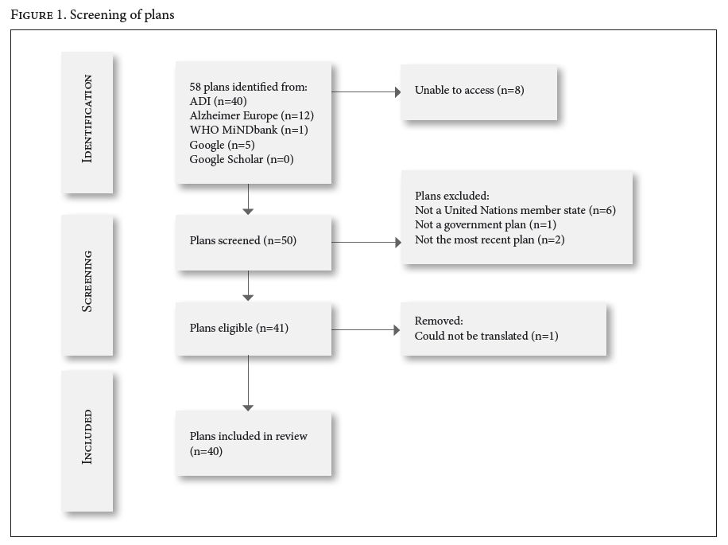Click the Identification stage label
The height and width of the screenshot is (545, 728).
tap(87, 119)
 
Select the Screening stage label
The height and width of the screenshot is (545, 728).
tap(87, 282)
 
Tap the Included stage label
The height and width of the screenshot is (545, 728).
tap(87, 438)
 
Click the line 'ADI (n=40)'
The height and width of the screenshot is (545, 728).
tap(218, 101)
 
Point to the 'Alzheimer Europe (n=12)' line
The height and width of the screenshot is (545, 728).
tap(252, 115)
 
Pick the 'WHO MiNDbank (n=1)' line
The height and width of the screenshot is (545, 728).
tap(249, 130)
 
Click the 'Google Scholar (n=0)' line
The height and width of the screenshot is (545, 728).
tap(242, 159)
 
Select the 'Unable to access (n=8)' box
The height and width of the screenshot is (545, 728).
tap(479, 92)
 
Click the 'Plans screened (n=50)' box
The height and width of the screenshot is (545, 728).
tap(254, 242)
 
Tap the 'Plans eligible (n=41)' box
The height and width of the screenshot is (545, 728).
tap(254, 329)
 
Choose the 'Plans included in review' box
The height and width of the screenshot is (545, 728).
tap(254, 443)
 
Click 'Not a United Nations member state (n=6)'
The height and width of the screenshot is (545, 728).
tap(515, 211)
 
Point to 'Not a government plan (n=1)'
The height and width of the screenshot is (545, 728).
tap(486, 225)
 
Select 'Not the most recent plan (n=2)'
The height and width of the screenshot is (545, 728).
tap(490, 239)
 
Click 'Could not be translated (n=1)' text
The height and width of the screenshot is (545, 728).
tap(486, 336)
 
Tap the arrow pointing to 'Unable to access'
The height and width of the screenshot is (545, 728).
tap(366, 92)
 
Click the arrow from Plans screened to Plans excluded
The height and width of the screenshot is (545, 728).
tap(366, 242)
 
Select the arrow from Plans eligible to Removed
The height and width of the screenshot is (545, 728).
tap(366, 330)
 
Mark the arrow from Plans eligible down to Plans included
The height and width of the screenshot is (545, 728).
tap(249, 383)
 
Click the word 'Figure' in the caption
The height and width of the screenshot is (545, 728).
tap(32, 15)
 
